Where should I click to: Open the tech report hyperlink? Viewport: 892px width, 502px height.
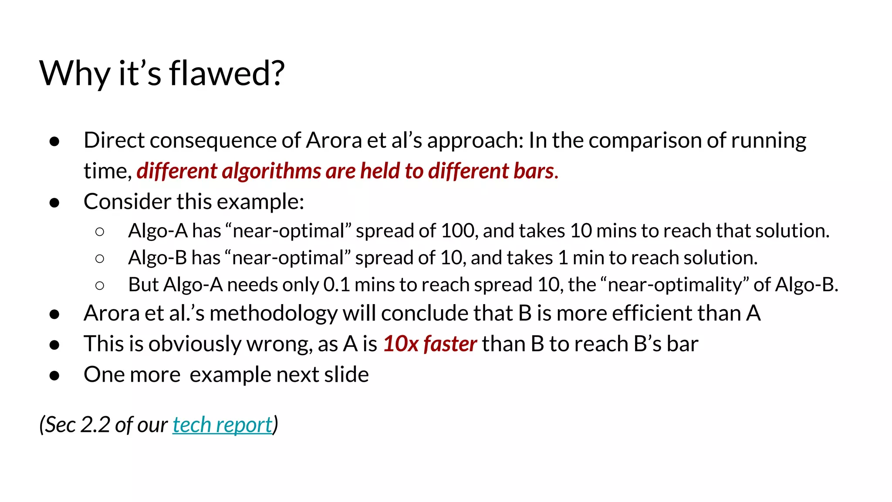pos(222,425)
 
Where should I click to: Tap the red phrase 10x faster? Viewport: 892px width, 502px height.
pos(430,344)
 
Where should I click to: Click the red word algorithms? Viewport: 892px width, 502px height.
pos(272,171)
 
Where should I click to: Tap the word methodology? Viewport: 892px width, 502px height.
pos(274,313)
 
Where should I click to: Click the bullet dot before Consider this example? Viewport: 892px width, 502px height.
pos(54,202)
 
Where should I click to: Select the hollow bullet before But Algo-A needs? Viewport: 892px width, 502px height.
pos(100,285)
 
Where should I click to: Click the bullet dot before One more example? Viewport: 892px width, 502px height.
pos(54,375)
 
